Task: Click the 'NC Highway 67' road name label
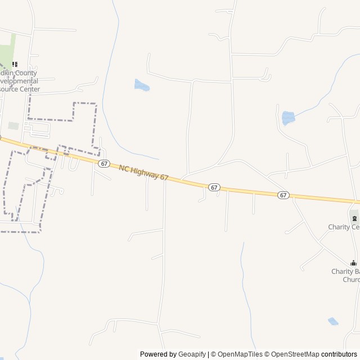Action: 143,173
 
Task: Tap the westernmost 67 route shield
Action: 103,163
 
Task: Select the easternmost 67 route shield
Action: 283,195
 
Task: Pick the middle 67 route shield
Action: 214,186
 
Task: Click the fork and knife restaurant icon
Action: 15,65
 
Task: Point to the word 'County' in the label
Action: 25,73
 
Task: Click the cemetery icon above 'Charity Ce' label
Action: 354,218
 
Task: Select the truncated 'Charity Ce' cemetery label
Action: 344,227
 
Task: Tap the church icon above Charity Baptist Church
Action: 353,263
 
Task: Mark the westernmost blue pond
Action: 141,85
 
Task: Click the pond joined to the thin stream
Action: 288,118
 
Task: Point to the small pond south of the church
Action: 333,321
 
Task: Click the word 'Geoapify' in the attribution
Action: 192,354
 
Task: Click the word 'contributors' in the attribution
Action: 339,354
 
